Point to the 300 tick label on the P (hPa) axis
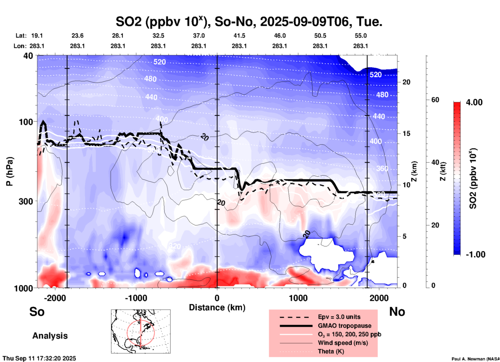pyautogui.click(x=26, y=201)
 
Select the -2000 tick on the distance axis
pyautogui.click(x=55, y=298)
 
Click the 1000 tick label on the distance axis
pyautogui.click(x=298, y=298)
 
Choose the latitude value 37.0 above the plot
pyautogui.click(x=199, y=36)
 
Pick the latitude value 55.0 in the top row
pyautogui.click(x=361, y=36)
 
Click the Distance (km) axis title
pyautogui.click(x=217, y=307)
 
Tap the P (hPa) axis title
pyautogui.click(x=10, y=171)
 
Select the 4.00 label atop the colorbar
pyautogui.click(x=474, y=102)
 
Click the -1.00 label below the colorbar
pyautogui.click(x=475, y=254)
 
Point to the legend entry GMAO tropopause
pyautogui.click(x=344, y=326)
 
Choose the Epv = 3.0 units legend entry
pyautogui.click(x=339, y=317)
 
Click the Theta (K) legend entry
pyautogui.click(x=331, y=351)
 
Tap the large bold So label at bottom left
pyautogui.click(x=37, y=312)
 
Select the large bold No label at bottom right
pyautogui.click(x=397, y=312)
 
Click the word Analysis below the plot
pyautogui.click(x=50, y=336)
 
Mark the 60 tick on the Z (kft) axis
pyautogui.click(x=435, y=100)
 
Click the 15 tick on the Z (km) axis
pyautogui.click(x=406, y=133)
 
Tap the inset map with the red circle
pyautogui.click(x=141, y=331)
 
